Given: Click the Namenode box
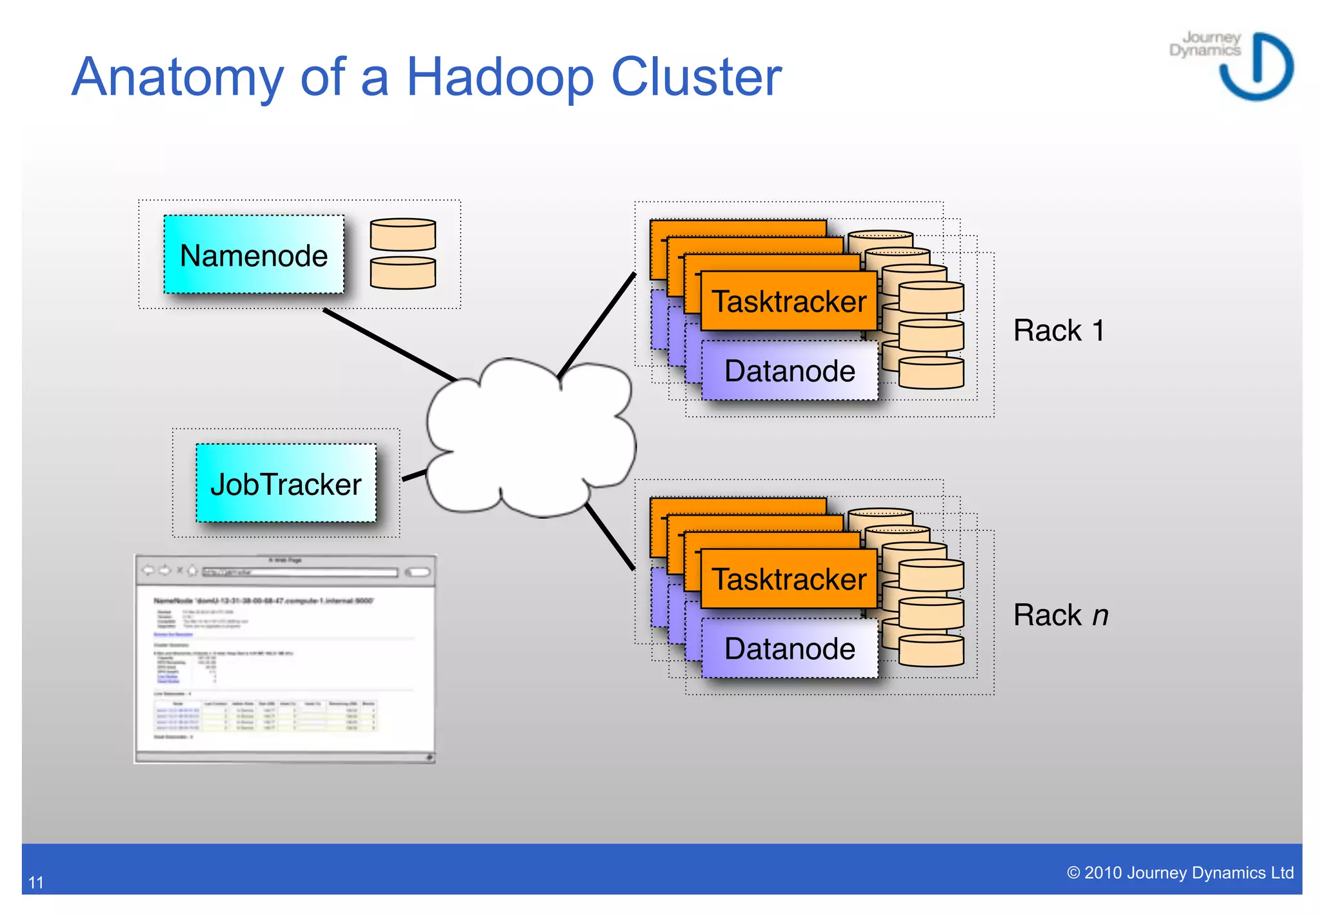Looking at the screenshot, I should [253, 255].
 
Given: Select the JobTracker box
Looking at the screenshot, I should [286, 483].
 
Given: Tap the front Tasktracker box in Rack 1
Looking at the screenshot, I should [788, 301].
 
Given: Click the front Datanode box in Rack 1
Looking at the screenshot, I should [790, 371].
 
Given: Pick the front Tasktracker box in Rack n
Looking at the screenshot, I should [788, 579].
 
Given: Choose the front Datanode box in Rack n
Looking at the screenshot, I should [790, 649].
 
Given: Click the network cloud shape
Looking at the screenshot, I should [529, 439].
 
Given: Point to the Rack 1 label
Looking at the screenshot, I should [1058, 330].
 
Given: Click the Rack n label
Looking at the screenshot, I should [1060, 615].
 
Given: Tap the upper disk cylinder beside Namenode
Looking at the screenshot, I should [402, 235].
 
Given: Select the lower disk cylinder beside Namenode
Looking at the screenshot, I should [402, 273].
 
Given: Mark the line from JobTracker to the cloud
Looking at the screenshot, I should [414, 476].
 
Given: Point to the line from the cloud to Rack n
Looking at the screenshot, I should [610, 537].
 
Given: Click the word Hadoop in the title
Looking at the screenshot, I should [499, 77].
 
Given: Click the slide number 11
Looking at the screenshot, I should [36, 882].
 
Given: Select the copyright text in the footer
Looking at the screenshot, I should [1180, 873].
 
